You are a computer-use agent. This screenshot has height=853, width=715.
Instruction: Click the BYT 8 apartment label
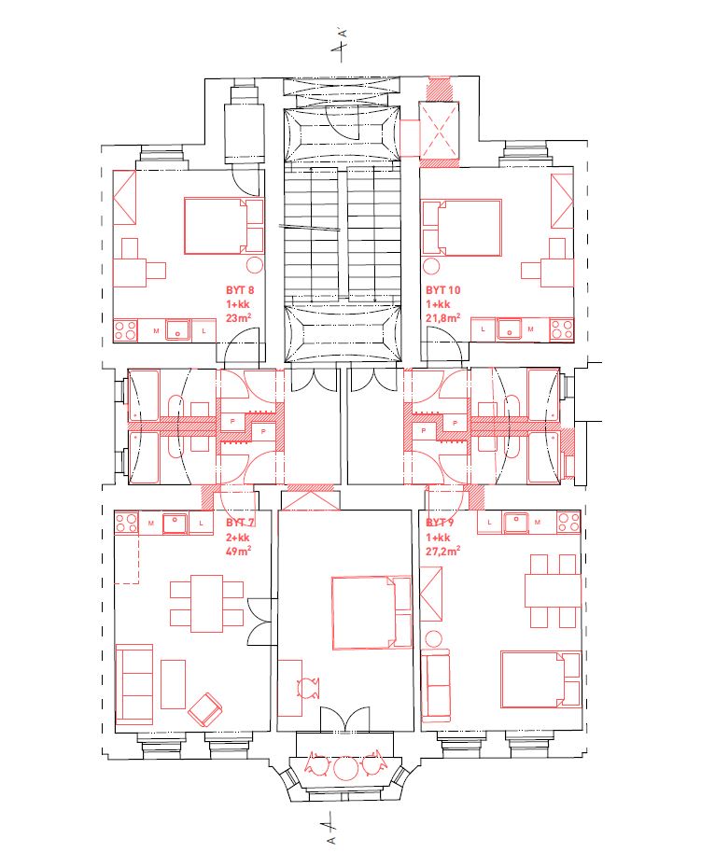240,290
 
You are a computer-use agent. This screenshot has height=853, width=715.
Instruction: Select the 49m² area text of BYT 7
238,551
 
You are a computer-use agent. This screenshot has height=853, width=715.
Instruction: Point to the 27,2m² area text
443,551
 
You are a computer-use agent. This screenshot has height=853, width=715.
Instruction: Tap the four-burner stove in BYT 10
562,329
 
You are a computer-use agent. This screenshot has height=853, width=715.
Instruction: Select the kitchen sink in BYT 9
516,523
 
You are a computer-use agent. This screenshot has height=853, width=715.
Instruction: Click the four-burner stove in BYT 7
126,523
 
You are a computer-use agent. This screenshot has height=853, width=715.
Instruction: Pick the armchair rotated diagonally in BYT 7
204,709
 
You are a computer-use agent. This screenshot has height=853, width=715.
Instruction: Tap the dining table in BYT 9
553,590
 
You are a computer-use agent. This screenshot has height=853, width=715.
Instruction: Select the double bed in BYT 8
224,226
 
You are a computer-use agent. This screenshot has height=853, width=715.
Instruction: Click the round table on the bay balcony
345,768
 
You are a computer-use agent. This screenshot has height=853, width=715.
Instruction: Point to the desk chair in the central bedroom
309,688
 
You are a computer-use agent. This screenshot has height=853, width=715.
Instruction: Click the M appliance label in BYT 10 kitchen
530,329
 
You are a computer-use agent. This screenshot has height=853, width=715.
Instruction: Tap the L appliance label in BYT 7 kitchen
202,524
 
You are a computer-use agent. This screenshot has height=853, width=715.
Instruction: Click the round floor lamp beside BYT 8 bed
255,265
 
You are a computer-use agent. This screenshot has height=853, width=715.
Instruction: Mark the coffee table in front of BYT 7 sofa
174,684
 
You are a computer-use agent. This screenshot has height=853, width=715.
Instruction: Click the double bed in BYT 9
540,679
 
